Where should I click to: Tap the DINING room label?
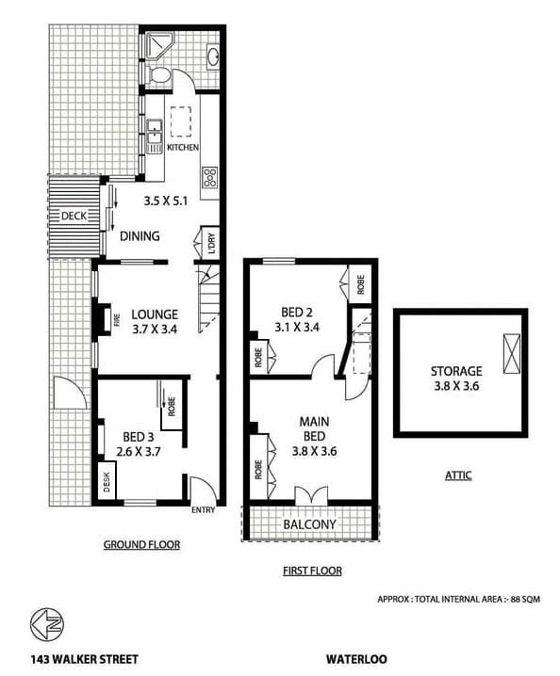(x=139, y=236)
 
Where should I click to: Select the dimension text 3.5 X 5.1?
(x=166, y=201)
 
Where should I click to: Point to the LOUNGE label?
(x=156, y=314)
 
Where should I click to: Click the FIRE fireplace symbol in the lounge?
(x=104, y=320)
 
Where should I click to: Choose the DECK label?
(x=73, y=217)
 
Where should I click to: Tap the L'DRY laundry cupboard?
(x=210, y=240)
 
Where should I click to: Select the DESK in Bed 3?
(x=107, y=484)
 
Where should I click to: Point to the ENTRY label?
(x=203, y=511)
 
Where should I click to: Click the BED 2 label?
(x=296, y=313)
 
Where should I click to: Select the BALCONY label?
(x=309, y=524)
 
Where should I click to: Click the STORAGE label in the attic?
(x=456, y=371)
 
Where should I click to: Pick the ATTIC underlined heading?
(x=457, y=475)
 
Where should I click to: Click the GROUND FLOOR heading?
(x=142, y=544)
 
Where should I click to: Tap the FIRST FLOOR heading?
(x=312, y=571)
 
